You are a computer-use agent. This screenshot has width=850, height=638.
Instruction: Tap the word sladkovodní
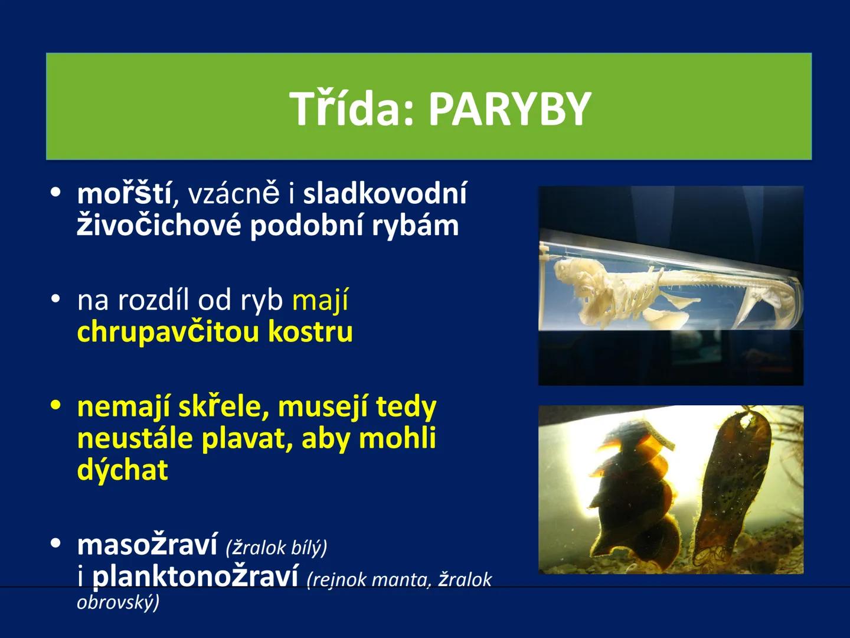tap(384, 193)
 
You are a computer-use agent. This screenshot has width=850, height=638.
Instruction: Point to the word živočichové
tap(159, 226)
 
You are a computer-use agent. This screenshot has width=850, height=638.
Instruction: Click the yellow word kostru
tap(310, 331)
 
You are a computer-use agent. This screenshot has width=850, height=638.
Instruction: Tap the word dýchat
tap(123, 470)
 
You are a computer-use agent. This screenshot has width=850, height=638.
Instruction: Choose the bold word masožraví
tap(147, 545)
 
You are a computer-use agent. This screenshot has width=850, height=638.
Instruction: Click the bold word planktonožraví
tap(195, 577)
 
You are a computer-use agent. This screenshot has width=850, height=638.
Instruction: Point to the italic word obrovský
tap(117, 602)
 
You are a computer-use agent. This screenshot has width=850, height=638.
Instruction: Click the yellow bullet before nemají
tap(56, 406)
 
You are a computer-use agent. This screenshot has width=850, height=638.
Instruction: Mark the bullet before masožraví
tap(56, 543)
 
